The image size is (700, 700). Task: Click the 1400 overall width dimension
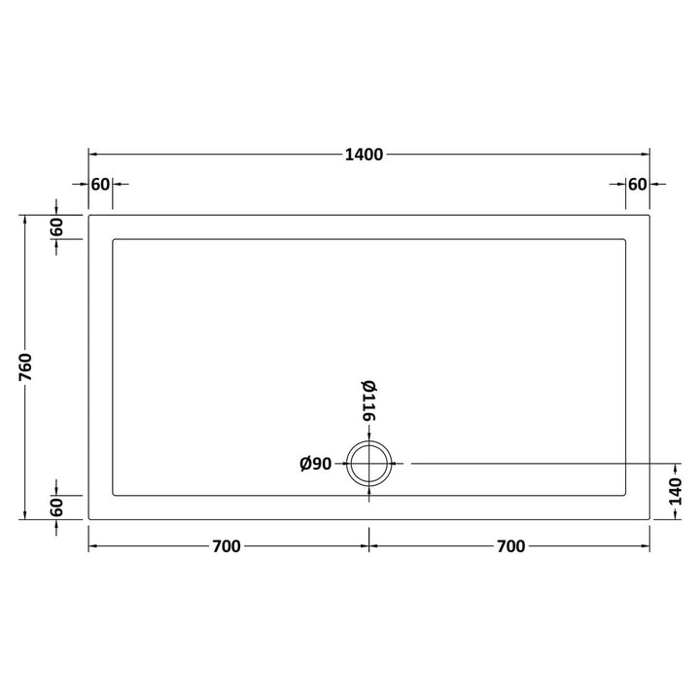[364, 155]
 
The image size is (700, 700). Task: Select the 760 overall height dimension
[25, 367]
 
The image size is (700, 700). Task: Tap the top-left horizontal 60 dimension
[100, 184]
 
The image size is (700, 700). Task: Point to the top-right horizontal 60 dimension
[637, 184]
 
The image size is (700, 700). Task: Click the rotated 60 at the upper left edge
[56, 227]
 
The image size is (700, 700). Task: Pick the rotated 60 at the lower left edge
[56, 507]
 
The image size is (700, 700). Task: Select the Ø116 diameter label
[368, 401]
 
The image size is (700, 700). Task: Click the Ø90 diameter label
[316, 464]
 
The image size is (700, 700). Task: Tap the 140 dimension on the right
[676, 491]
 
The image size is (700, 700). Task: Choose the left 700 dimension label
[227, 546]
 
